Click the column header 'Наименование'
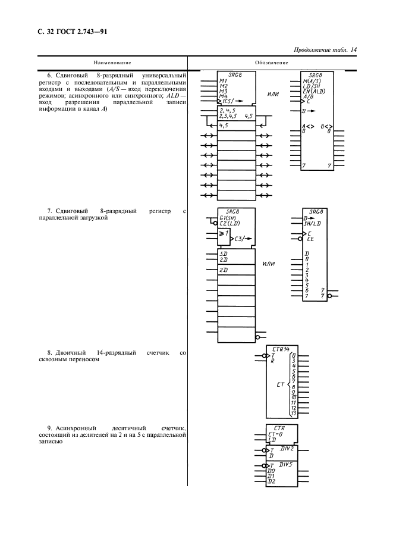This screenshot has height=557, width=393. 112,62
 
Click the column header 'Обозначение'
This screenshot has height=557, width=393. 272,62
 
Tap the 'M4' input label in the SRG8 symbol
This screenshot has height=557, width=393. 223,96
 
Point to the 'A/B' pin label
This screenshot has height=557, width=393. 308,96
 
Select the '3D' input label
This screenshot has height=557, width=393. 224,254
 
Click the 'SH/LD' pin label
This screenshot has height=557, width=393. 313,224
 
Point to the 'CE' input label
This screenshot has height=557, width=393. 310,239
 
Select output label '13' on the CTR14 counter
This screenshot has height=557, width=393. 293,412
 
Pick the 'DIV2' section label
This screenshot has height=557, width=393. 287,447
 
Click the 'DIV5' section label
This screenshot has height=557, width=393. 287,465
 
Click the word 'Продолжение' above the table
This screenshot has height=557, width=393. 315,50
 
